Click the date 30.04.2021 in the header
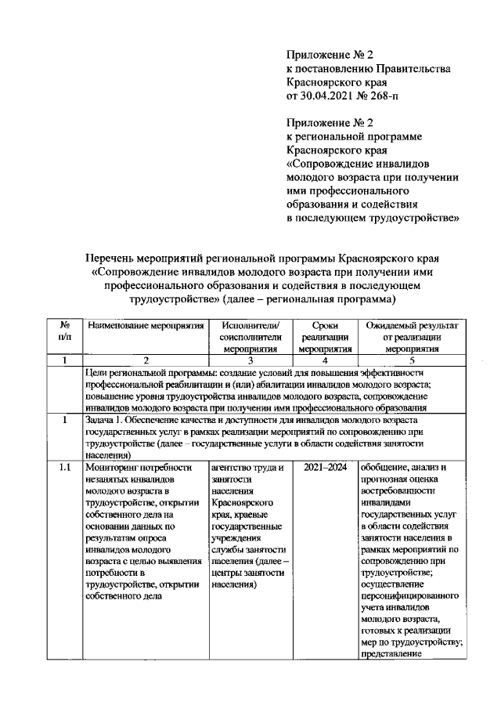click(330, 96)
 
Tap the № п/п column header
click(67, 330)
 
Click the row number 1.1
click(67, 468)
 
